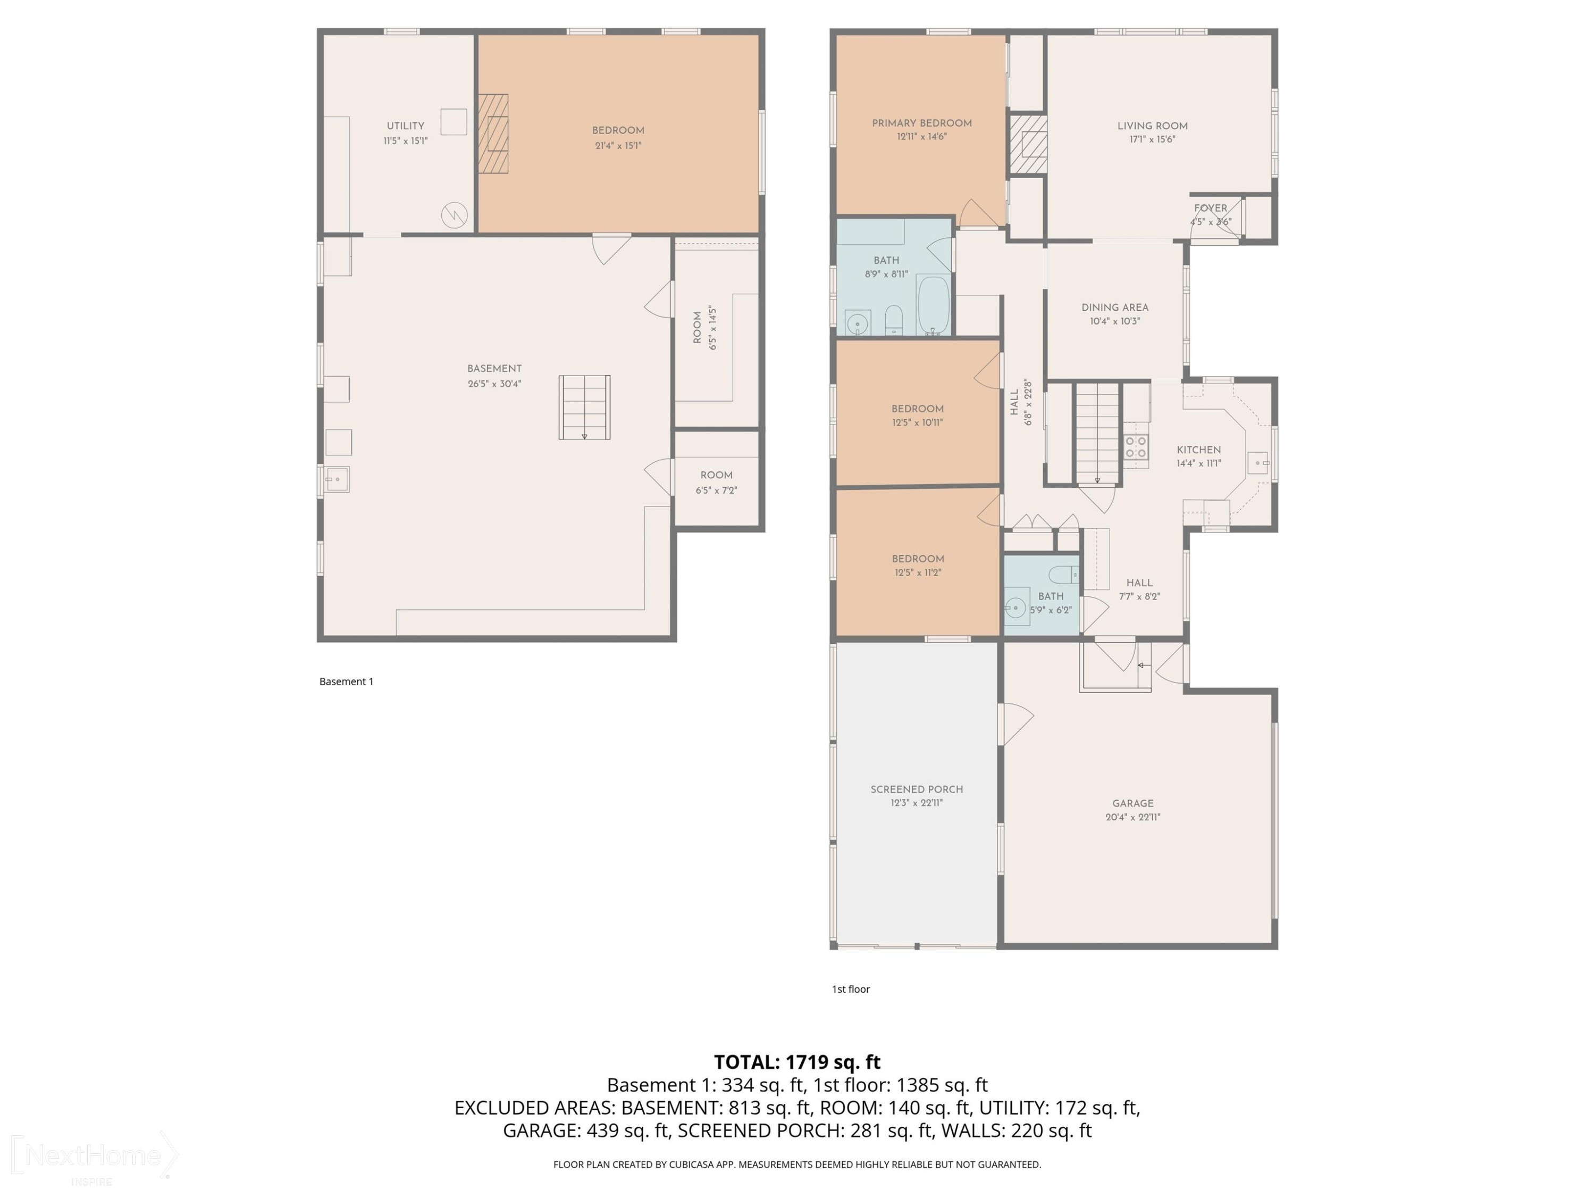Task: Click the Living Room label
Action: (x=1152, y=126)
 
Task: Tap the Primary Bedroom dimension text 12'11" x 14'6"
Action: (x=921, y=136)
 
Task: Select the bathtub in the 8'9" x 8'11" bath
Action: (x=934, y=305)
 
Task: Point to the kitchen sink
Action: (x=1259, y=462)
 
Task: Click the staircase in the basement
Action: (x=584, y=407)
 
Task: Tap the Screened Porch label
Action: (x=917, y=789)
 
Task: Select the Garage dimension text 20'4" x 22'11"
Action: (x=1133, y=818)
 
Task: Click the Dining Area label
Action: (x=1115, y=307)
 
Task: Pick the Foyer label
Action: (x=1211, y=208)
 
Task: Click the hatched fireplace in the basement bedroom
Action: (x=493, y=134)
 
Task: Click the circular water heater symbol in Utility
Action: (x=454, y=214)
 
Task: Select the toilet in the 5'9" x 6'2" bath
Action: (x=1063, y=575)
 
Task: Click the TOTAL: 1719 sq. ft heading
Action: (x=797, y=1062)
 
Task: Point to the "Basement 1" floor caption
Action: (x=346, y=681)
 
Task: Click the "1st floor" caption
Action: (x=851, y=989)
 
